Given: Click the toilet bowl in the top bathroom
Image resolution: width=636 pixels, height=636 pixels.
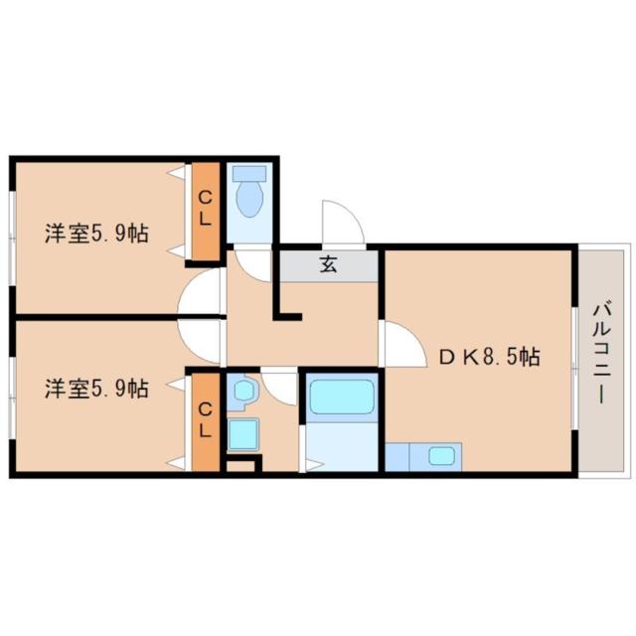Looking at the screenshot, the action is click(249, 199).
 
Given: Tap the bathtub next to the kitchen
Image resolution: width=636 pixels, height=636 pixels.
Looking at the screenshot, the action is click(342, 397).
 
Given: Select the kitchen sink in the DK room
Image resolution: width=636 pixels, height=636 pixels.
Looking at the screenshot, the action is click(441, 455).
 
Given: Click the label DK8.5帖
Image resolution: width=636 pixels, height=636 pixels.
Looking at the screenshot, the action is click(490, 357).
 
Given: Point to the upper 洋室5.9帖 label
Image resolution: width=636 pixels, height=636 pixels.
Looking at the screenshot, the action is click(96, 234).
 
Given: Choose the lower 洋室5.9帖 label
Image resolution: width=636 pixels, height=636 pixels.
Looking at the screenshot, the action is click(96, 389).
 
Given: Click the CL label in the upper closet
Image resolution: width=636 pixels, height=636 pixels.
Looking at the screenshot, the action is click(206, 209).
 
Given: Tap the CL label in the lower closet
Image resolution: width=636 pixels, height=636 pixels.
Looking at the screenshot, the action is click(206, 419).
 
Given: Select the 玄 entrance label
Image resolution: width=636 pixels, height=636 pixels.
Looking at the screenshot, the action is click(329, 264).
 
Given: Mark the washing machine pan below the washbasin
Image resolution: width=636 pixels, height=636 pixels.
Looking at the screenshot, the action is click(242, 435).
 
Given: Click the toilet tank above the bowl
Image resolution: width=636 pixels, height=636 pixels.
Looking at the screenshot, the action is click(249, 173).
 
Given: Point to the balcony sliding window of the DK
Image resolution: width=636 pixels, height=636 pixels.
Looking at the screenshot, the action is click(574, 368).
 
